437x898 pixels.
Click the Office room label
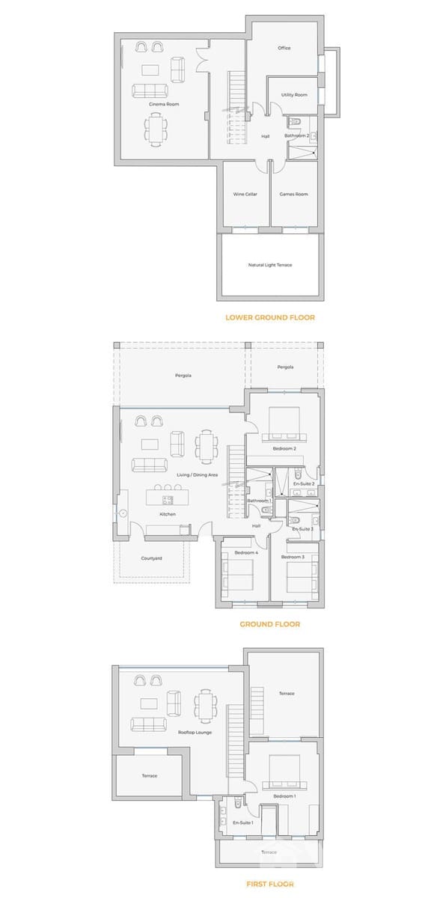[x=284, y=49]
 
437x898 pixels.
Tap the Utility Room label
[x=294, y=95]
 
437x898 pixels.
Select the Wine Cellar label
[x=245, y=195]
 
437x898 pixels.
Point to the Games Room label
[x=293, y=195]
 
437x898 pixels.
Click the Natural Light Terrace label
[x=270, y=265]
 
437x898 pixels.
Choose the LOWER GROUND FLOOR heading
[x=270, y=317]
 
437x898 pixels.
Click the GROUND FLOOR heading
[x=269, y=624]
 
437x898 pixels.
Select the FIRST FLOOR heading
[x=269, y=884]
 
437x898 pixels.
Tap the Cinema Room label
[x=164, y=105]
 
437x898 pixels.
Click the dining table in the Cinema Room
[x=157, y=132]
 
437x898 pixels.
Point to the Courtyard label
[x=152, y=558]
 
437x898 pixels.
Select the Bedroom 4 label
[x=246, y=552]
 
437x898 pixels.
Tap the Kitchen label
[x=168, y=514]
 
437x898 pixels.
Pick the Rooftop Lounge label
[x=195, y=733]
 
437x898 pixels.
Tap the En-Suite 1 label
[x=242, y=823]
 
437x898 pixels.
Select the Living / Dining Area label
[x=197, y=475]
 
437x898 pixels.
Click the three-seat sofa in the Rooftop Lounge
[x=149, y=724]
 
